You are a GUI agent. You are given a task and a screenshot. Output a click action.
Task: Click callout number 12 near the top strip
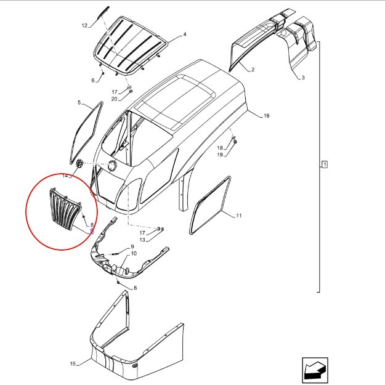[x=84, y=25]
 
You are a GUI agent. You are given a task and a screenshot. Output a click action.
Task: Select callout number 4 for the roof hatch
[x=185, y=34]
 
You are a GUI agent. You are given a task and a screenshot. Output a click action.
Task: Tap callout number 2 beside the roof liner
[x=253, y=70]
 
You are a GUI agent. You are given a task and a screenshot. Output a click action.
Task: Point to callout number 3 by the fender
[x=303, y=78]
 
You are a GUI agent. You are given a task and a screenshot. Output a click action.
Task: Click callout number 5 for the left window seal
[x=79, y=102]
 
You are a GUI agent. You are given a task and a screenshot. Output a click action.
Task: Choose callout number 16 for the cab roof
[x=266, y=116]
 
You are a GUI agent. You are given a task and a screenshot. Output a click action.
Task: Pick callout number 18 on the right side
[x=220, y=148]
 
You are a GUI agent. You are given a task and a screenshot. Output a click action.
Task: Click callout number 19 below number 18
[x=220, y=155]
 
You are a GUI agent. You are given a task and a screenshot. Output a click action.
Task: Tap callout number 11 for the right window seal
[x=239, y=216]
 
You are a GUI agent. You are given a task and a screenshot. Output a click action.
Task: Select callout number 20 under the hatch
[x=115, y=99]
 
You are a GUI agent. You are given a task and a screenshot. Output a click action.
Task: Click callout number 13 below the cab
[x=142, y=240]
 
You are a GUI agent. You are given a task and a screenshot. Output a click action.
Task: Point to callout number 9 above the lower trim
[x=132, y=246]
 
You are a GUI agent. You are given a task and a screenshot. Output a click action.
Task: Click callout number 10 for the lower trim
[x=134, y=253]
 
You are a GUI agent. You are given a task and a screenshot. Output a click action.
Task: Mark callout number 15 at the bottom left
[x=73, y=363]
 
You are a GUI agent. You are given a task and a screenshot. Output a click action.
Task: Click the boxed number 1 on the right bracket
[x=325, y=164]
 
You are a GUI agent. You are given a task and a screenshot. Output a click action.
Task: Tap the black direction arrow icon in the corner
[x=315, y=370]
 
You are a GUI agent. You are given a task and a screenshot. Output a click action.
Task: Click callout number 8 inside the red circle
[x=92, y=225]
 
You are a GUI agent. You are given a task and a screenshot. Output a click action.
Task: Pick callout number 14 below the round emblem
[x=65, y=176]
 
